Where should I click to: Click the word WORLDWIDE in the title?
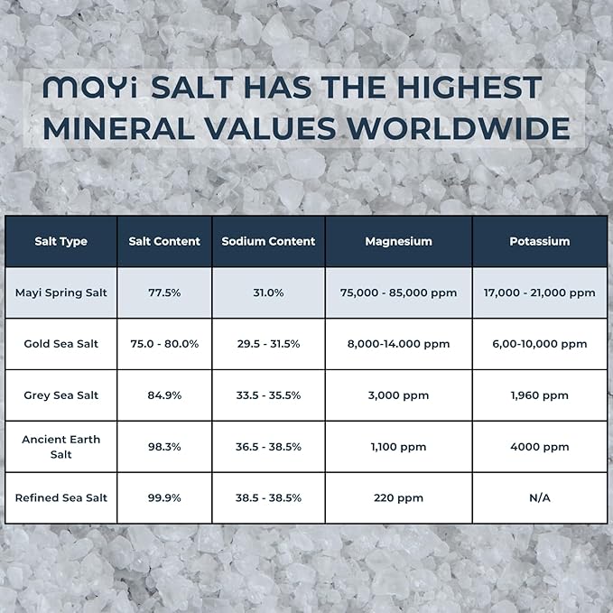point(460,128)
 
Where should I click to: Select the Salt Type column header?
point(60,241)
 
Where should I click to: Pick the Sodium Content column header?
point(268,241)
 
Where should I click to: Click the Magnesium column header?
point(398,241)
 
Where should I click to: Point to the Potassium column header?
point(539,241)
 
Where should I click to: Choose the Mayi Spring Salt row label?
point(60,293)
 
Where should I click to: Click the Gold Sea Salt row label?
point(60,344)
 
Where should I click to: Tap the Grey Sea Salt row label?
point(60,395)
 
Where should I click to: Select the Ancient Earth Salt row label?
point(60,446)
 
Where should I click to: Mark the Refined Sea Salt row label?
point(60,497)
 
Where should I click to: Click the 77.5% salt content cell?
point(164,293)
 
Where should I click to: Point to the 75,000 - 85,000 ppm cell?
point(398,293)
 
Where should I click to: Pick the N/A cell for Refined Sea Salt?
point(539,497)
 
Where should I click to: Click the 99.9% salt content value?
point(164,497)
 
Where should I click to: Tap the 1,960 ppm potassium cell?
point(539,395)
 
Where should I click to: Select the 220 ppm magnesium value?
point(398,497)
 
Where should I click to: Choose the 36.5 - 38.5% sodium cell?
point(268,447)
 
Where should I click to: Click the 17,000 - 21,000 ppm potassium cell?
point(539,293)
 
